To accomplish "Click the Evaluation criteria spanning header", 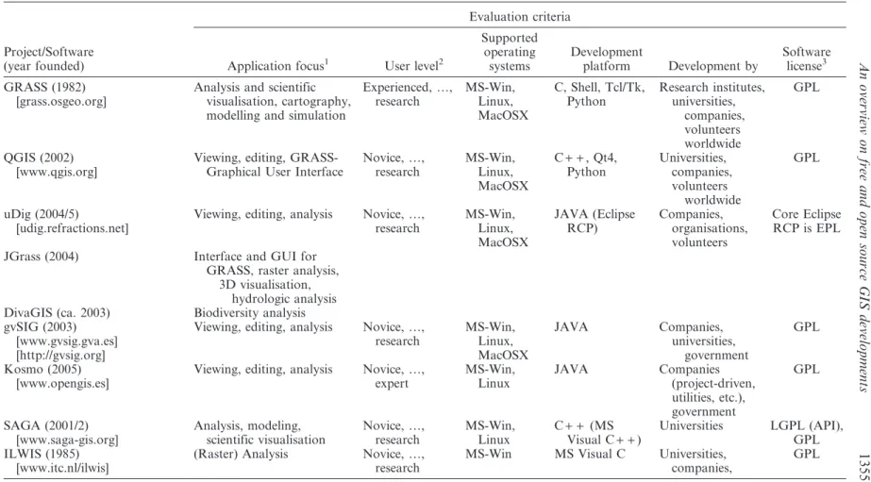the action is (519, 17).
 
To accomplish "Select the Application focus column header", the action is (278, 66).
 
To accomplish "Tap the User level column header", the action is (414, 66).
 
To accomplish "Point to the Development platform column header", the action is (606, 58).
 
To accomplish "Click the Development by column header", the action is (712, 66).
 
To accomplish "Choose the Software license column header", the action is (806, 58).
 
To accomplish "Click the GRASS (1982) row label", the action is (45, 87).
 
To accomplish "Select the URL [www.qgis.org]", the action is (57, 172).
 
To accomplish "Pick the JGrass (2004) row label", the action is (42, 257).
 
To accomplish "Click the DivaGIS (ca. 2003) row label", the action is (57, 312).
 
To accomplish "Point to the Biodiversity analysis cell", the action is (249, 312).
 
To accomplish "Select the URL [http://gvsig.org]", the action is (60, 355).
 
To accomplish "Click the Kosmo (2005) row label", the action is (41, 369).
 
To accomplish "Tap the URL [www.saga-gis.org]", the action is (67, 440).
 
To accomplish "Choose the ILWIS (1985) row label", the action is (42, 454).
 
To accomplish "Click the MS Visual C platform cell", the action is (590, 454).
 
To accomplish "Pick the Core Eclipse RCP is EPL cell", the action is (807, 221).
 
